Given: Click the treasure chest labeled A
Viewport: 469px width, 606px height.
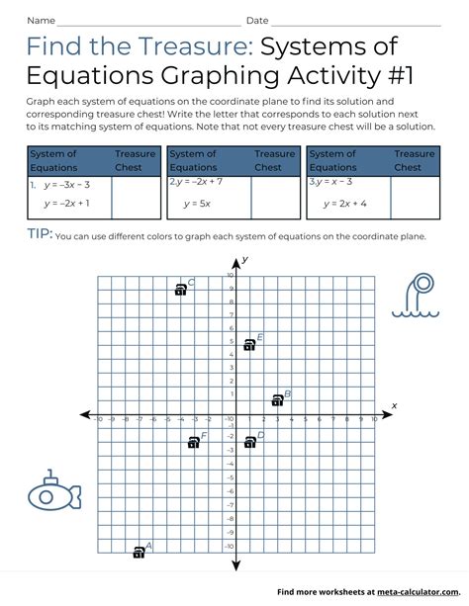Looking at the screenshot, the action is (140, 553).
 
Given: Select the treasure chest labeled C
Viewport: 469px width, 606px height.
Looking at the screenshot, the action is (180, 290).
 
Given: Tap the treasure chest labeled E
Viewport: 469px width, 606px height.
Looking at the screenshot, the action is (249, 345).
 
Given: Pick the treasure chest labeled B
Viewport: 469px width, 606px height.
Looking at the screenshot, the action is (278, 400).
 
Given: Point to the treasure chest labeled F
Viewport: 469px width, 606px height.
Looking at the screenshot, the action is (194, 442).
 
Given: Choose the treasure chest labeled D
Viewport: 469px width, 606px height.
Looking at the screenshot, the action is (250, 442).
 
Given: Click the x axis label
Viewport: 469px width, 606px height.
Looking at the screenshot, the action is (394, 405).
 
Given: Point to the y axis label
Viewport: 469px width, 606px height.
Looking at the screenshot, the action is (244, 259).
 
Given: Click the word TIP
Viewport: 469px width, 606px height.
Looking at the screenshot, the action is (40, 235).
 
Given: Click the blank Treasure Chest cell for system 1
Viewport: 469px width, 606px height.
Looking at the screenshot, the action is (136, 198).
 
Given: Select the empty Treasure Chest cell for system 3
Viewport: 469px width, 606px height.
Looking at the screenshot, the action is (415, 198).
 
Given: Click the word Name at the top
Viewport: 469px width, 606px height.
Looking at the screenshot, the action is (41, 20).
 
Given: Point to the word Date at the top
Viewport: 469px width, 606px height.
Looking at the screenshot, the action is (257, 20).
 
